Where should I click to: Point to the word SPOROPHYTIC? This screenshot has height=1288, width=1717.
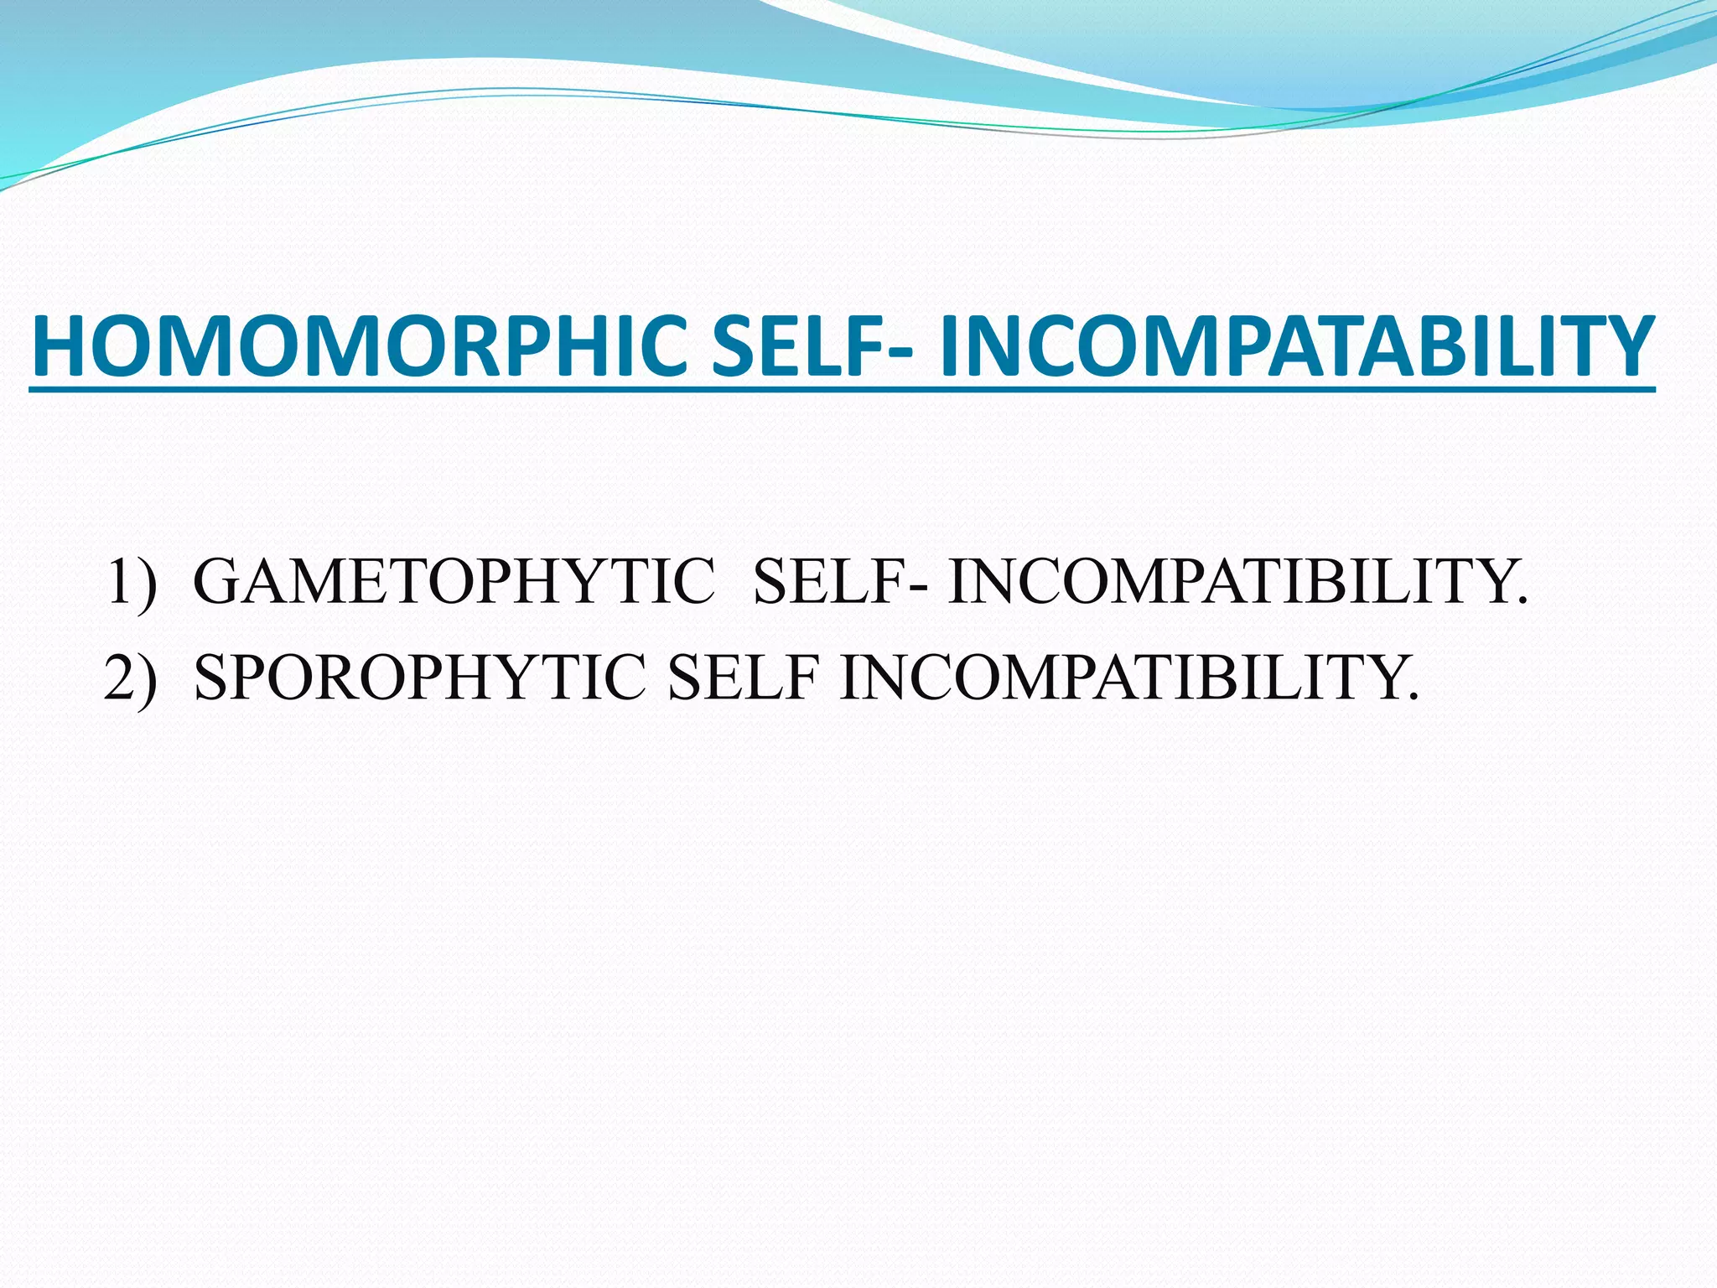(x=420, y=677)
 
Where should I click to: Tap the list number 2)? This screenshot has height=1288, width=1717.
(x=131, y=677)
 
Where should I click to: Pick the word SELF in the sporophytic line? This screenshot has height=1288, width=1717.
(x=742, y=677)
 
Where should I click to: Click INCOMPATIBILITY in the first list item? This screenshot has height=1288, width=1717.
(x=1228, y=581)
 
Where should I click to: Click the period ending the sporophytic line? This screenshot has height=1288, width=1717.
(x=1414, y=696)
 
